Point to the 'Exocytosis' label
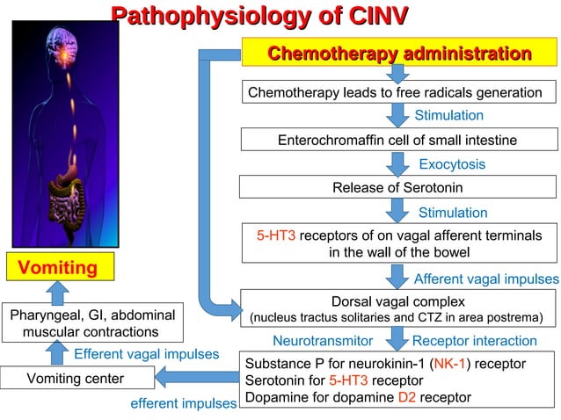pyautogui.click(x=451, y=164)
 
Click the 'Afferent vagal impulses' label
pyautogui.click(x=486, y=279)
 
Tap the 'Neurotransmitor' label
pyautogui.click(x=323, y=340)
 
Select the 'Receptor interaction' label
pyautogui.click(x=474, y=340)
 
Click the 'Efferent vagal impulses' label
pyautogui.click(x=147, y=354)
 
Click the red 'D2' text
pyautogui.click(x=406, y=397)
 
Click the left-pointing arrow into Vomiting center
pyautogui.click(x=195, y=379)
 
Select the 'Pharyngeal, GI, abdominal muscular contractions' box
pyautogui.click(x=91, y=322)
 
